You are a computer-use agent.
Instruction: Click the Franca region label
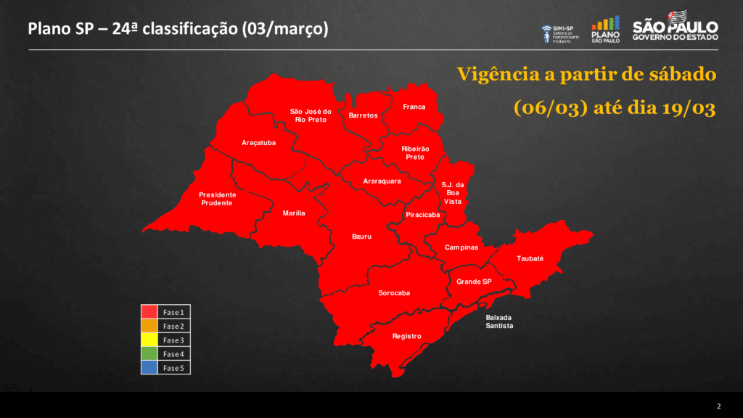[414, 107]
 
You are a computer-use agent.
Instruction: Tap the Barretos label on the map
[363, 116]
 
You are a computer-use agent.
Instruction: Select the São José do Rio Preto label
[311, 115]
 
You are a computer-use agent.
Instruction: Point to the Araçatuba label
[258, 143]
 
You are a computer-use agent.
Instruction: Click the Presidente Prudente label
[218, 199]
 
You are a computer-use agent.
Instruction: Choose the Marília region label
[294, 213]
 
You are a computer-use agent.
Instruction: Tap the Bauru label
[361, 237]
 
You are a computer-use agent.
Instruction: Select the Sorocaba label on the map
[394, 293]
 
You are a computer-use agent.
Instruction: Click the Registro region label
[406, 336]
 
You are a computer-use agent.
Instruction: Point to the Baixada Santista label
[499, 321]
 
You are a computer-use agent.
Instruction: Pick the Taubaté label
[530, 259]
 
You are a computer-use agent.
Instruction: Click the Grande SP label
[474, 282]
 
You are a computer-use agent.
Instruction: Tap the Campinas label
[461, 247]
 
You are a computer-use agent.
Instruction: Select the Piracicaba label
[422, 216]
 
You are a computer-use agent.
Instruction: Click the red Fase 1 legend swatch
[149, 312]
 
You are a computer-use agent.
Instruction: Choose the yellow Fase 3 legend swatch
[149, 340]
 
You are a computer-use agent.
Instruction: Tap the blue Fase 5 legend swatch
[149, 367]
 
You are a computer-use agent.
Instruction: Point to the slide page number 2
[718, 406]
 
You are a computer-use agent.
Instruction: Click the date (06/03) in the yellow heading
[550, 108]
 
